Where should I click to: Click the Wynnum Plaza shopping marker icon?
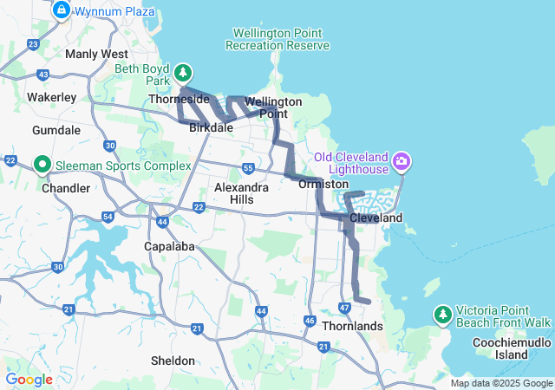pyautogui.click(x=62, y=10)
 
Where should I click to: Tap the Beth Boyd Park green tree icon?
pyautogui.click(x=183, y=72)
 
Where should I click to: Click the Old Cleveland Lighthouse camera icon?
pyautogui.click(x=401, y=161)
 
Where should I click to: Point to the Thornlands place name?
pyautogui.click(x=352, y=326)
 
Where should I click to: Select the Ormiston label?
pyautogui.click(x=323, y=184)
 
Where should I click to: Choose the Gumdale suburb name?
pyautogui.click(x=56, y=130)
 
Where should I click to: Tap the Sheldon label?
pyautogui.click(x=173, y=360)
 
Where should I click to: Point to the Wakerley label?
pyautogui.click(x=52, y=97)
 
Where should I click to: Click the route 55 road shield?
pyautogui.click(x=248, y=168)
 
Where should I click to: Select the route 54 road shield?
pyautogui.click(x=108, y=217)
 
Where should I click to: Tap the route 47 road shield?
pyautogui.click(x=344, y=308)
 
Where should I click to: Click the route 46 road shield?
pyautogui.click(x=310, y=321)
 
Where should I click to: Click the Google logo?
pyautogui.click(x=29, y=380)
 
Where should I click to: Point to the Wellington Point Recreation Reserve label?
pyautogui.click(x=277, y=39)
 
